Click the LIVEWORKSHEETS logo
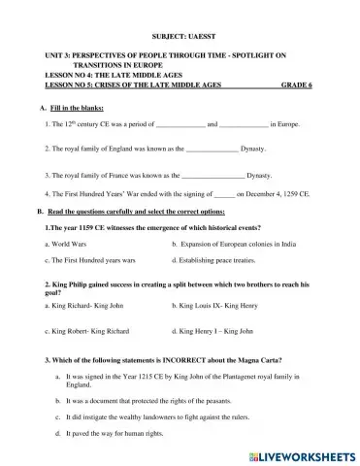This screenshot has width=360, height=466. (303, 454)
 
